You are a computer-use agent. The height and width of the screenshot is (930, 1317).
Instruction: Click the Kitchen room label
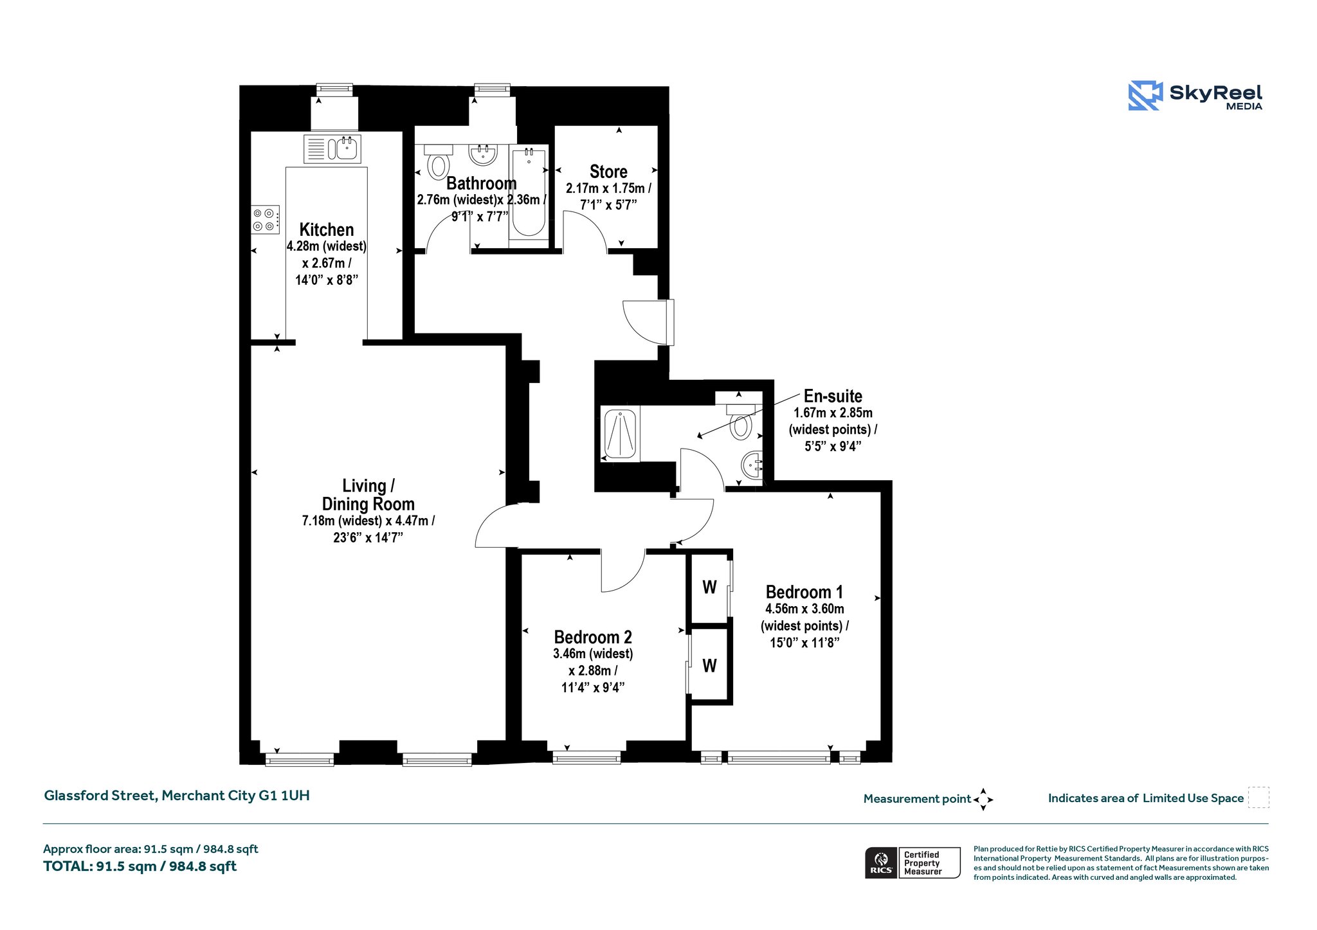[x=327, y=230]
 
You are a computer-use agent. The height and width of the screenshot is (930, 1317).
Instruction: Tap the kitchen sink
[x=332, y=149]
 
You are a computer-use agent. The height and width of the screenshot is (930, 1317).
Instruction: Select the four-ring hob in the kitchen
[x=266, y=220]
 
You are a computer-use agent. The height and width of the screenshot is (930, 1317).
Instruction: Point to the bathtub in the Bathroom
[x=529, y=193]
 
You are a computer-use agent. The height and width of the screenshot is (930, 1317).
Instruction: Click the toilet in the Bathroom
[x=439, y=161]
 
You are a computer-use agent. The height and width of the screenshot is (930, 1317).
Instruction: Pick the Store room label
[x=608, y=172]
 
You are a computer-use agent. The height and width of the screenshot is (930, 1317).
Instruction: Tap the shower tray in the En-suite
[x=620, y=434]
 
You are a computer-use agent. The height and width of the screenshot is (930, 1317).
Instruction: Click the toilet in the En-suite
[x=741, y=421]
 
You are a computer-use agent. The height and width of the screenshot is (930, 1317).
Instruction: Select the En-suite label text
[x=833, y=396]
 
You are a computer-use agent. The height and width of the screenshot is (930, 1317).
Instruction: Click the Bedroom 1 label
[x=804, y=592]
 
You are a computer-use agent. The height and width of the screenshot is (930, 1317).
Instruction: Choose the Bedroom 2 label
[x=593, y=637]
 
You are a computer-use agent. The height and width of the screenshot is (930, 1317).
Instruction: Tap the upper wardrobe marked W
[x=709, y=587]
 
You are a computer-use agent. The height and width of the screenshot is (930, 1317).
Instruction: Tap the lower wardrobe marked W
[x=709, y=666]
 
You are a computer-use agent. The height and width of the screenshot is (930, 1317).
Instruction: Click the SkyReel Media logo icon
[x=1145, y=96]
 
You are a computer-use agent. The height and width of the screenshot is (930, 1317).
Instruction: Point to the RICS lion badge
[x=881, y=863]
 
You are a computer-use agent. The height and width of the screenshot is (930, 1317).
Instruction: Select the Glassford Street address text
[x=177, y=796]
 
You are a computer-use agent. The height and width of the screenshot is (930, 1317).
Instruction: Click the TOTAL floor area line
[x=140, y=866]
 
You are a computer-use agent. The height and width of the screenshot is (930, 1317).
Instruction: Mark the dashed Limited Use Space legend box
[x=1258, y=798]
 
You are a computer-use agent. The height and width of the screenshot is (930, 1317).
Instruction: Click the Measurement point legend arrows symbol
[x=983, y=800]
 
